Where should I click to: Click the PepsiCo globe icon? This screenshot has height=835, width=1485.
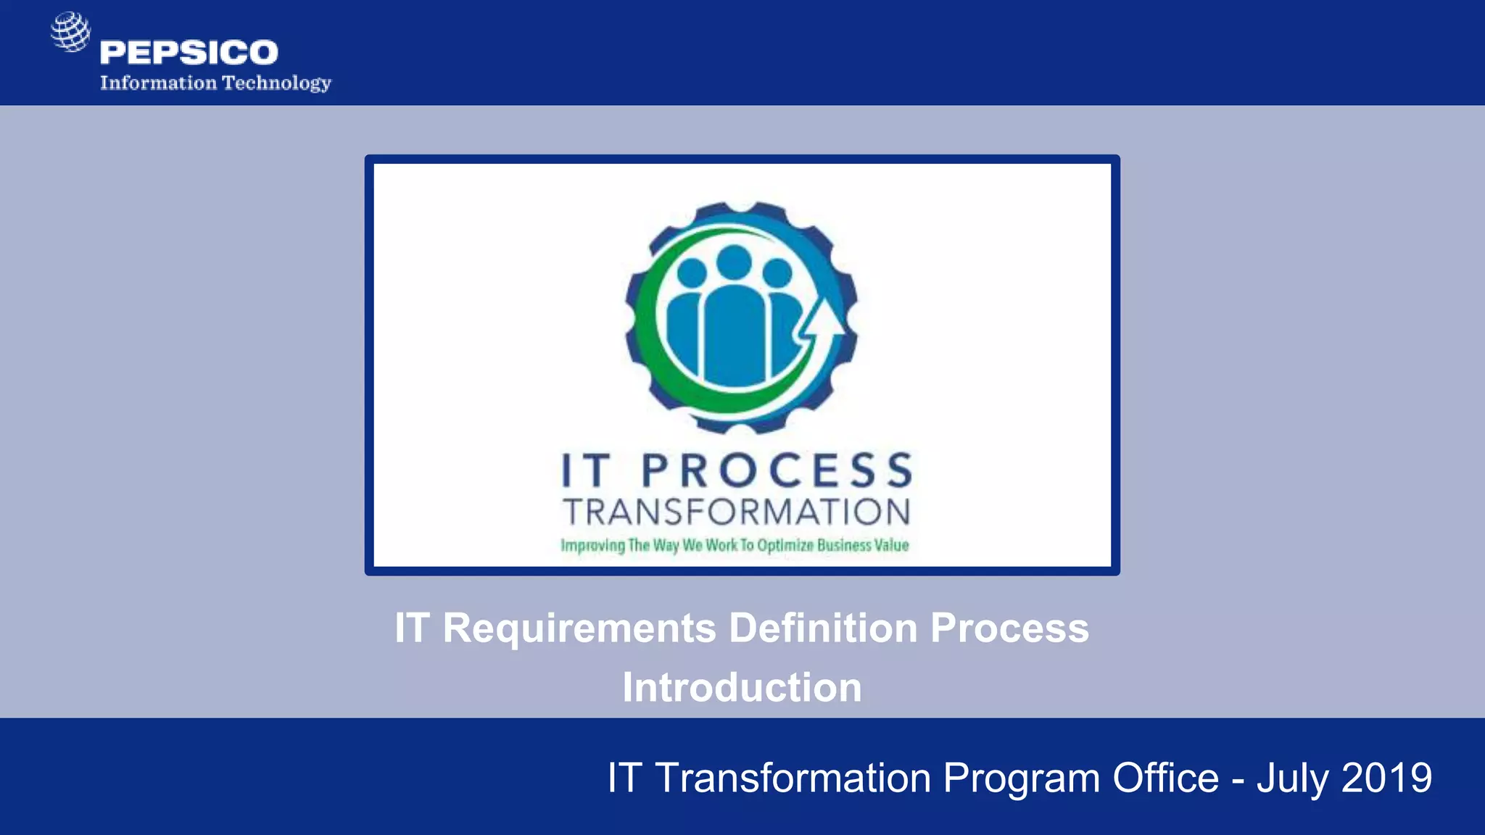(70, 31)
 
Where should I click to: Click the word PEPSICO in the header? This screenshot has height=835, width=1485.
(189, 53)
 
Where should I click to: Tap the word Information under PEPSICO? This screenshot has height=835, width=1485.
(158, 83)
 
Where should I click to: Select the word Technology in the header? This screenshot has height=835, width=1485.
(276, 83)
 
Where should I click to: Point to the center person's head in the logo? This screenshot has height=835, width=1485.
(734, 262)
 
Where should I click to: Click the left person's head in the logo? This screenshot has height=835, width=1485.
(691, 273)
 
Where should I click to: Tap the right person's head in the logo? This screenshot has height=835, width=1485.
(777, 273)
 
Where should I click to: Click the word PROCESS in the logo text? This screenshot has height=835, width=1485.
(777, 471)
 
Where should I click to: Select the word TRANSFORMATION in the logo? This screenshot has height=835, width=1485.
(736, 512)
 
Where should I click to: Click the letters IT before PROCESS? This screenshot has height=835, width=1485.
(585, 471)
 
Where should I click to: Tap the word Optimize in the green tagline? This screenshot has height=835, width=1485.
(785, 545)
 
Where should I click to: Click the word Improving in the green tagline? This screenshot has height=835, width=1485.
(592, 546)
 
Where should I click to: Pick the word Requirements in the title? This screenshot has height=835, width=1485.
(579, 628)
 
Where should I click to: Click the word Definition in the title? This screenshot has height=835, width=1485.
(823, 628)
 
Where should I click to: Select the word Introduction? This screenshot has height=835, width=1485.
(742, 687)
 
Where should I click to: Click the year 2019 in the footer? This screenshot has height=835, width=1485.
(1386, 778)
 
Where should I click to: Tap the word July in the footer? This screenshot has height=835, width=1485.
(1292, 779)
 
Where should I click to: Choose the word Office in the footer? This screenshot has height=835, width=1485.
(1165, 778)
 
